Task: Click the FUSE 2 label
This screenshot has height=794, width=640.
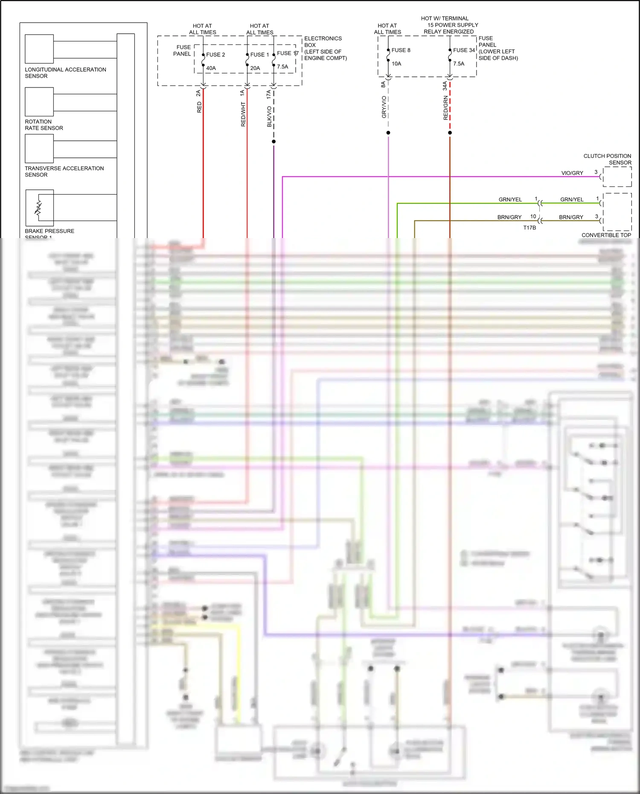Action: [x=215, y=55]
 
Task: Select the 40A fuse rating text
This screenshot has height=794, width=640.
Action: [x=211, y=68]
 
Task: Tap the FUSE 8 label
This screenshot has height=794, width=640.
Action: [x=401, y=50]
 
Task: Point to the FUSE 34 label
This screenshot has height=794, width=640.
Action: [x=464, y=50]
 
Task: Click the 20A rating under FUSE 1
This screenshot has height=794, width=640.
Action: [x=255, y=68]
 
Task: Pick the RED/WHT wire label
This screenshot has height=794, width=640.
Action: [x=243, y=114]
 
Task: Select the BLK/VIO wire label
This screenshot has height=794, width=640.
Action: [x=269, y=116]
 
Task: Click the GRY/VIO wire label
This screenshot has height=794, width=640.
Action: [x=384, y=107]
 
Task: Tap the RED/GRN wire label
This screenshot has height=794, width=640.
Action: [x=445, y=108]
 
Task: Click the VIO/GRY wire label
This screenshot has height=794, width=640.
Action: [x=572, y=173]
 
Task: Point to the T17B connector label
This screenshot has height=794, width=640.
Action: [x=529, y=227]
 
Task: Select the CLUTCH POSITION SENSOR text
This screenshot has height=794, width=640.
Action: [x=607, y=159]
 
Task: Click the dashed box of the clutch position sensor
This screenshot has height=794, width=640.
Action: [x=617, y=177]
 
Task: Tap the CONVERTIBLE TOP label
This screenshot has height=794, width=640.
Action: [x=606, y=235]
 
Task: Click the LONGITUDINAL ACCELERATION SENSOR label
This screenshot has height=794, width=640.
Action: [x=65, y=73]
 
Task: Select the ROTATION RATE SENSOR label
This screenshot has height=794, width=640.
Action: [x=44, y=125]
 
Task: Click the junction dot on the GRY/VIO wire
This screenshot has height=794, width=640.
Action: [x=388, y=133]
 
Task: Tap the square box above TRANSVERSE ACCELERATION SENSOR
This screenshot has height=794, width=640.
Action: [x=39, y=148]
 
